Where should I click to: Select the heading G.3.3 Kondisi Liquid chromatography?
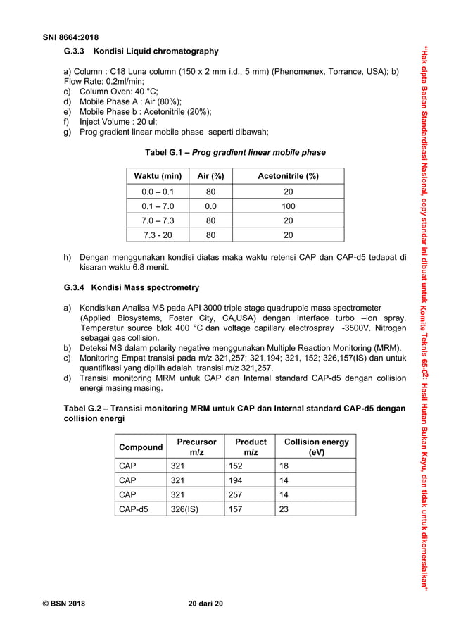click(x=141, y=51)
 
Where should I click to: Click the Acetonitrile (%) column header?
click(x=289, y=176)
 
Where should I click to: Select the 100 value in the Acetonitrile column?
click(x=289, y=206)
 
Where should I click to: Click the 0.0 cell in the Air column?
click(x=210, y=206)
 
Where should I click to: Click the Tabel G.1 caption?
click(x=235, y=153)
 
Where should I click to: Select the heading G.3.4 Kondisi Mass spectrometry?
click(x=132, y=287)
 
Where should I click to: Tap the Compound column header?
click(x=140, y=447)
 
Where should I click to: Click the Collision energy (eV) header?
click(x=316, y=447)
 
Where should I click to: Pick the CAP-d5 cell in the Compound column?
click(x=134, y=508)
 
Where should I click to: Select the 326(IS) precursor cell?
click(x=186, y=508)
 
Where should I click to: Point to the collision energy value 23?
click(x=284, y=508)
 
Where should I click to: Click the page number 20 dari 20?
click(x=206, y=604)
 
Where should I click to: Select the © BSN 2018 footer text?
click(x=61, y=604)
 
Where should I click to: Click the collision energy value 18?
click(x=284, y=466)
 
